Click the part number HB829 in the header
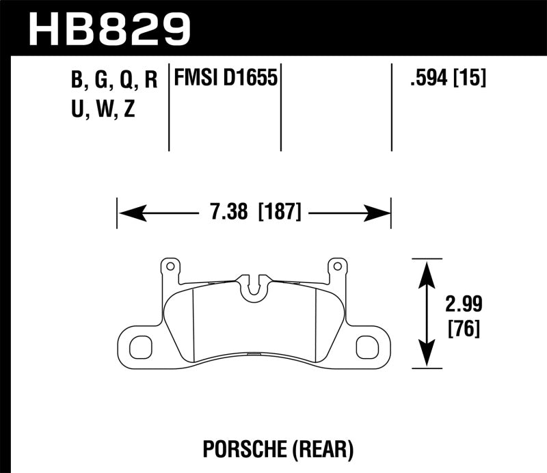point(110,28)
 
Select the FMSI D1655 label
point(226,79)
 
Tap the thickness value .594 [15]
point(447,79)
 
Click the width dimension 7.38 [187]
point(254,213)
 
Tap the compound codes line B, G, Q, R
point(114,81)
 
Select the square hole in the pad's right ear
point(367,347)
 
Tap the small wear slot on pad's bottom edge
point(253,355)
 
